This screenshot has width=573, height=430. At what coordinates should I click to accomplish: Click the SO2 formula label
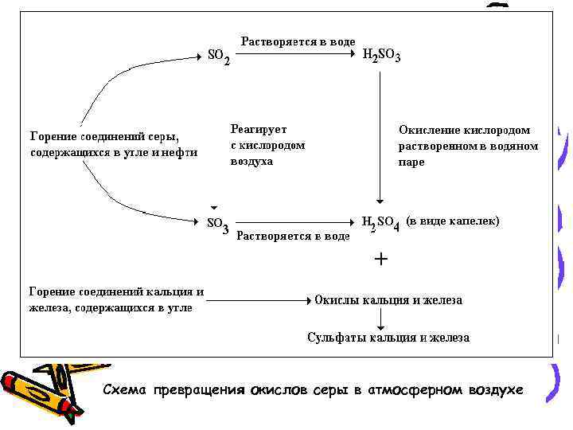point(219,57)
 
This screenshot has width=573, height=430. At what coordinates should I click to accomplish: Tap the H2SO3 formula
point(381,56)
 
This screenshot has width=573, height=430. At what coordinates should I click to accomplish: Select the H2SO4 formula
point(380,223)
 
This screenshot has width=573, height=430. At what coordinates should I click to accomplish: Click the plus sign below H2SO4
point(381,260)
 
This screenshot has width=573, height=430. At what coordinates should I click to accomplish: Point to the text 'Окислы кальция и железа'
point(388,300)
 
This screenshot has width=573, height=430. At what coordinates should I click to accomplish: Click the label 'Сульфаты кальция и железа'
point(388,338)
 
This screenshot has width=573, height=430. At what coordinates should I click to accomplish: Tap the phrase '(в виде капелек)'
point(452,221)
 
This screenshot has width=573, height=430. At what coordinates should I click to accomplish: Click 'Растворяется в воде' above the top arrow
point(298,41)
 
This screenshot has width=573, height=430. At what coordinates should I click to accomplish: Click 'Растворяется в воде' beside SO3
point(294,236)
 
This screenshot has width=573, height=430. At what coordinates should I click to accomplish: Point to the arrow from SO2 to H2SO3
point(294,56)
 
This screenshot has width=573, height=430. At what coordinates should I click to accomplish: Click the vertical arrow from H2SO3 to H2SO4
point(381,135)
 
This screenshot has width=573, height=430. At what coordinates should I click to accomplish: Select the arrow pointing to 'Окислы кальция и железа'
point(263,301)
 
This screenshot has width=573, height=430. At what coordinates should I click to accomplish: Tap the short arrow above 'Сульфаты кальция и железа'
point(381,319)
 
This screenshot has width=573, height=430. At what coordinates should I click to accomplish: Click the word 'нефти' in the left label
point(181,152)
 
